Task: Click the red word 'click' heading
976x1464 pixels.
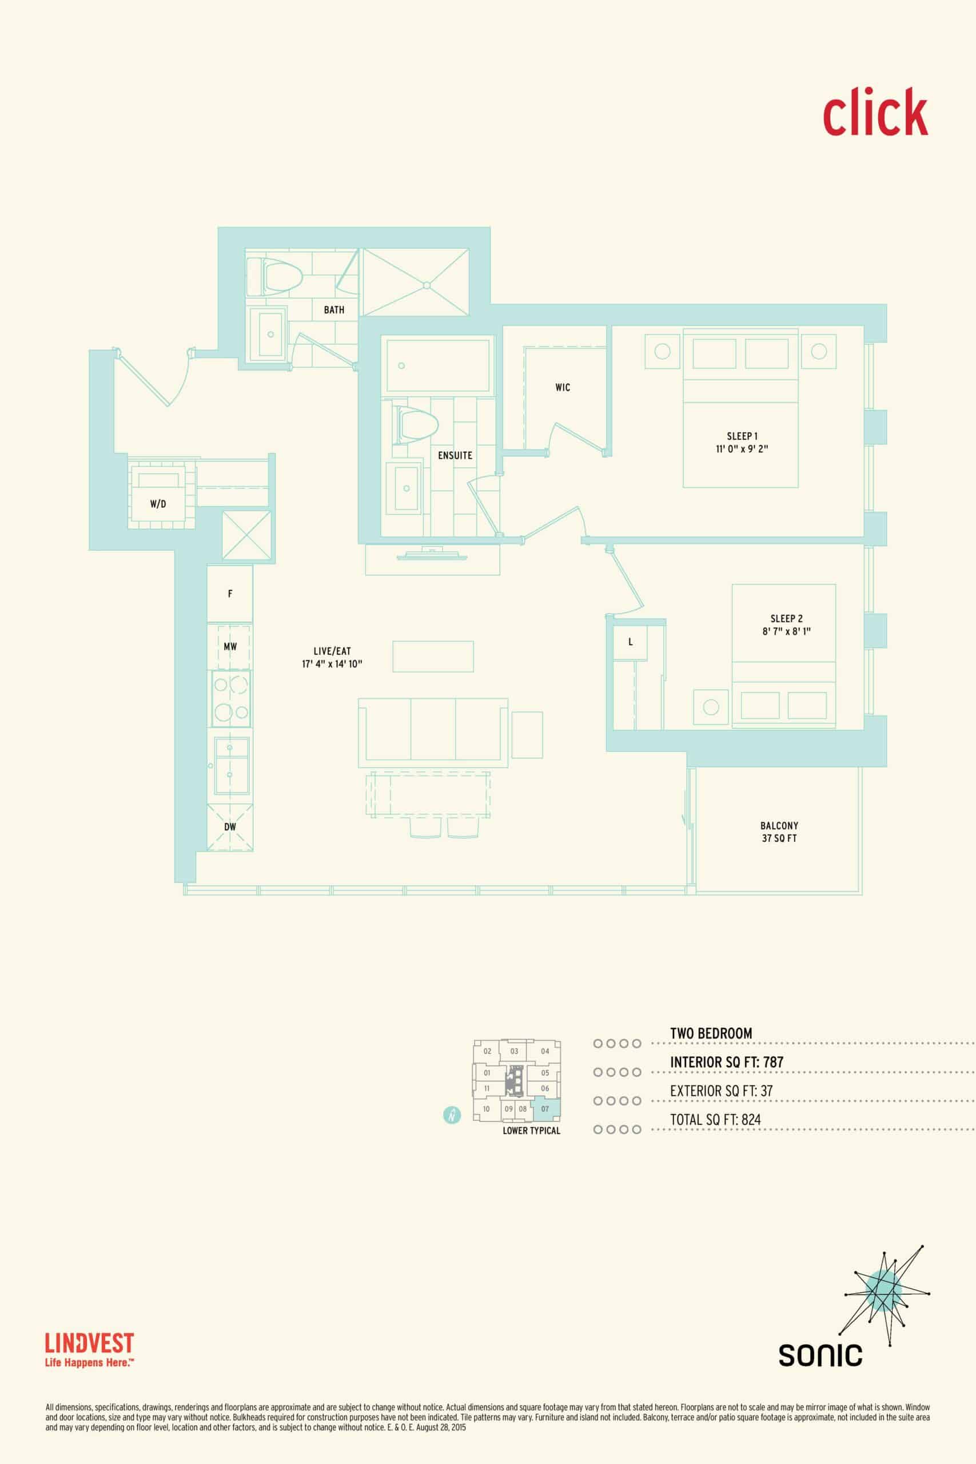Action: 875,112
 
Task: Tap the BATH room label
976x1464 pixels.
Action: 334,309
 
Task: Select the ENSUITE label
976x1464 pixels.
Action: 455,455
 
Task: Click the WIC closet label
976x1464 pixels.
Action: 563,387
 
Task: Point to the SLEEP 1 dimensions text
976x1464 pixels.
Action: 742,448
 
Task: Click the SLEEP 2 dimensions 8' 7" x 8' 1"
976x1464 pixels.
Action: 786,631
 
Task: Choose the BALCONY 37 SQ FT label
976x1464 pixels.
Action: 779,832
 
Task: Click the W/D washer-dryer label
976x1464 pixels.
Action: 158,504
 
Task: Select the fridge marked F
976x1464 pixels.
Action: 230,594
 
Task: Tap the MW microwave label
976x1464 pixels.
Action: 230,647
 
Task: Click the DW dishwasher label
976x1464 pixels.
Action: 230,826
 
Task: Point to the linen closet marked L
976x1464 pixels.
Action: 631,642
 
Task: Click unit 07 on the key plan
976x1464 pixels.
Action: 546,1109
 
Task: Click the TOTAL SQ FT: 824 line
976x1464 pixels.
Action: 715,1119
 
